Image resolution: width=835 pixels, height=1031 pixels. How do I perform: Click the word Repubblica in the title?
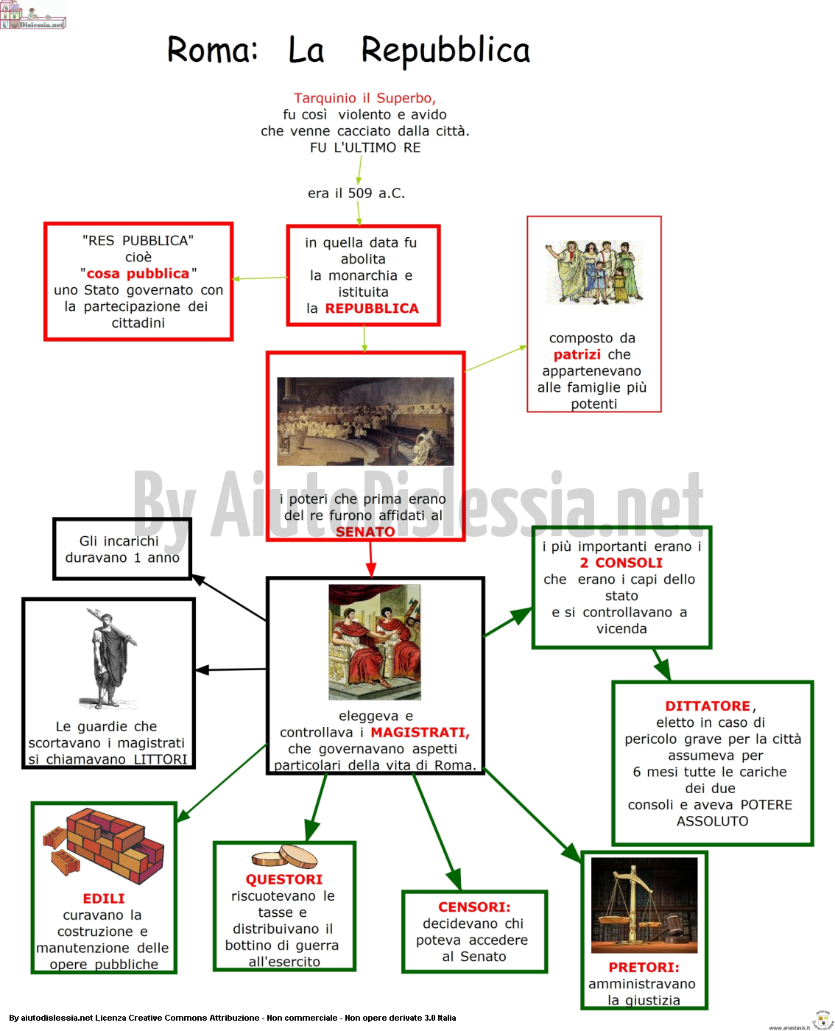pyautogui.click(x=445, y=51)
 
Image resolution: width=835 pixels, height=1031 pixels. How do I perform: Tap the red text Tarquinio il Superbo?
pyautogui.click(x=364, y=98)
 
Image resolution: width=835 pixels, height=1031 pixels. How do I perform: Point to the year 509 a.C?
pyautogui.click(x=376, y=193)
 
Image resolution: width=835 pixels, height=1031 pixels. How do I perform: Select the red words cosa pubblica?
pyautogui.click(x=138, y=273)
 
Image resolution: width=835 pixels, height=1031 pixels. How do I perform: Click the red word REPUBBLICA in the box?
pyautogui.click(x=372, y=309)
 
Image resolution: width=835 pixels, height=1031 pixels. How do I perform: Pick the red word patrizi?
pyautogui.click(x=577, y=355)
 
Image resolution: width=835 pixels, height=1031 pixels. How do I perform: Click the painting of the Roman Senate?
pyautogui.click(x=365, y=421)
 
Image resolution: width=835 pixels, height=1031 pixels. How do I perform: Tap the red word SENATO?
pyautogui.click(x=365, y=532)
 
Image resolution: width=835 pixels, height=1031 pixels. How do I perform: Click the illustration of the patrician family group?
pyautogui.click(x=594, y=272)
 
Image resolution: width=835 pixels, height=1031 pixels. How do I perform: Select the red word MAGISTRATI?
pyautogui.click(x=420, y=732)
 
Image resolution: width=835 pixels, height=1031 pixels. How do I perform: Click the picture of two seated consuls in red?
pyautogui.click(x=375, y=642)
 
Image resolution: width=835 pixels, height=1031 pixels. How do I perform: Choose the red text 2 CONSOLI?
pyautogui.click(x=621, y=563)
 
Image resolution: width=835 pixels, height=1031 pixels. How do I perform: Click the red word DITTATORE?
pyautogui.click(x=707, y=705)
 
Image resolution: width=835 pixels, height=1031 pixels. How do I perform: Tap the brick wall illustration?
pyautogui.click(x=104, y=846)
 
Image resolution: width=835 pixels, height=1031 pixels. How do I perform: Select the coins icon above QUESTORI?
pyautogui.click(x=284, y=856)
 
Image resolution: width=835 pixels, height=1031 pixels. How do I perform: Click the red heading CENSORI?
pyautogui.click(x=474, y=907)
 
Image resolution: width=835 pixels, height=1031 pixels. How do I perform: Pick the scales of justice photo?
pyautogui.click(x=644, y=904)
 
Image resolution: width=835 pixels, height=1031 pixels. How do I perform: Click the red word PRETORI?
pyautogui.click(x=644, y=967)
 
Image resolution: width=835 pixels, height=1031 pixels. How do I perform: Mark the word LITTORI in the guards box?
pyautogui.click(x=161, y=759)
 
